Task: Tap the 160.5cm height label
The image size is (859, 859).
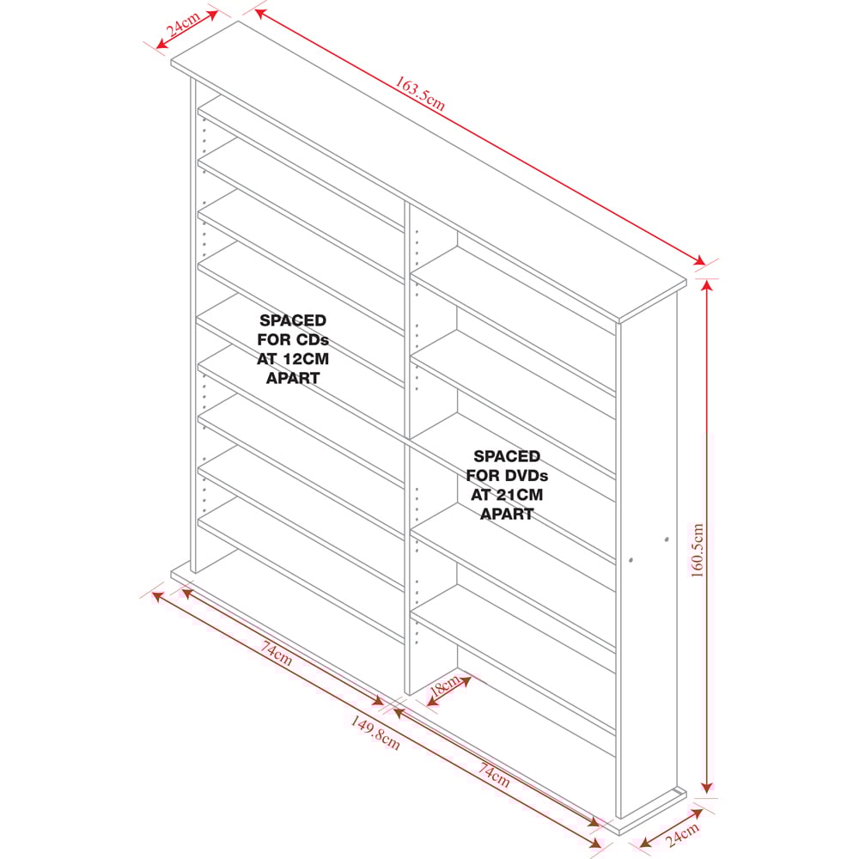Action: (697, 550)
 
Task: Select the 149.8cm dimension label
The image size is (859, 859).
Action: (375, 733)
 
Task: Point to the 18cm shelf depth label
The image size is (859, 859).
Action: (445, 685)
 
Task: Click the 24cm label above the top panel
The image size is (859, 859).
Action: (183, 24)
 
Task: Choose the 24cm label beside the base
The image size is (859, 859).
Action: (683, 835)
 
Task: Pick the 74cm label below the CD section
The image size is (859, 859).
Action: (276, 653)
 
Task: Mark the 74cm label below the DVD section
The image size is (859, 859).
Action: (494, 775)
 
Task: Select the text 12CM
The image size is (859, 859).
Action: (306, 359)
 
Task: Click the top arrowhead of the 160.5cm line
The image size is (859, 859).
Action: (707, 285)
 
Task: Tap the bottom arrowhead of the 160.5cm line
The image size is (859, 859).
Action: (707, 787)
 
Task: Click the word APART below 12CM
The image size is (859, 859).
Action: (293, 379)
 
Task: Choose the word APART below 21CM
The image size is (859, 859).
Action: (507, 515)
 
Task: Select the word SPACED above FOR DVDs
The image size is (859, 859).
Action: (507, 456)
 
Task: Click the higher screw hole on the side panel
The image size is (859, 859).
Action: (667, 539)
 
